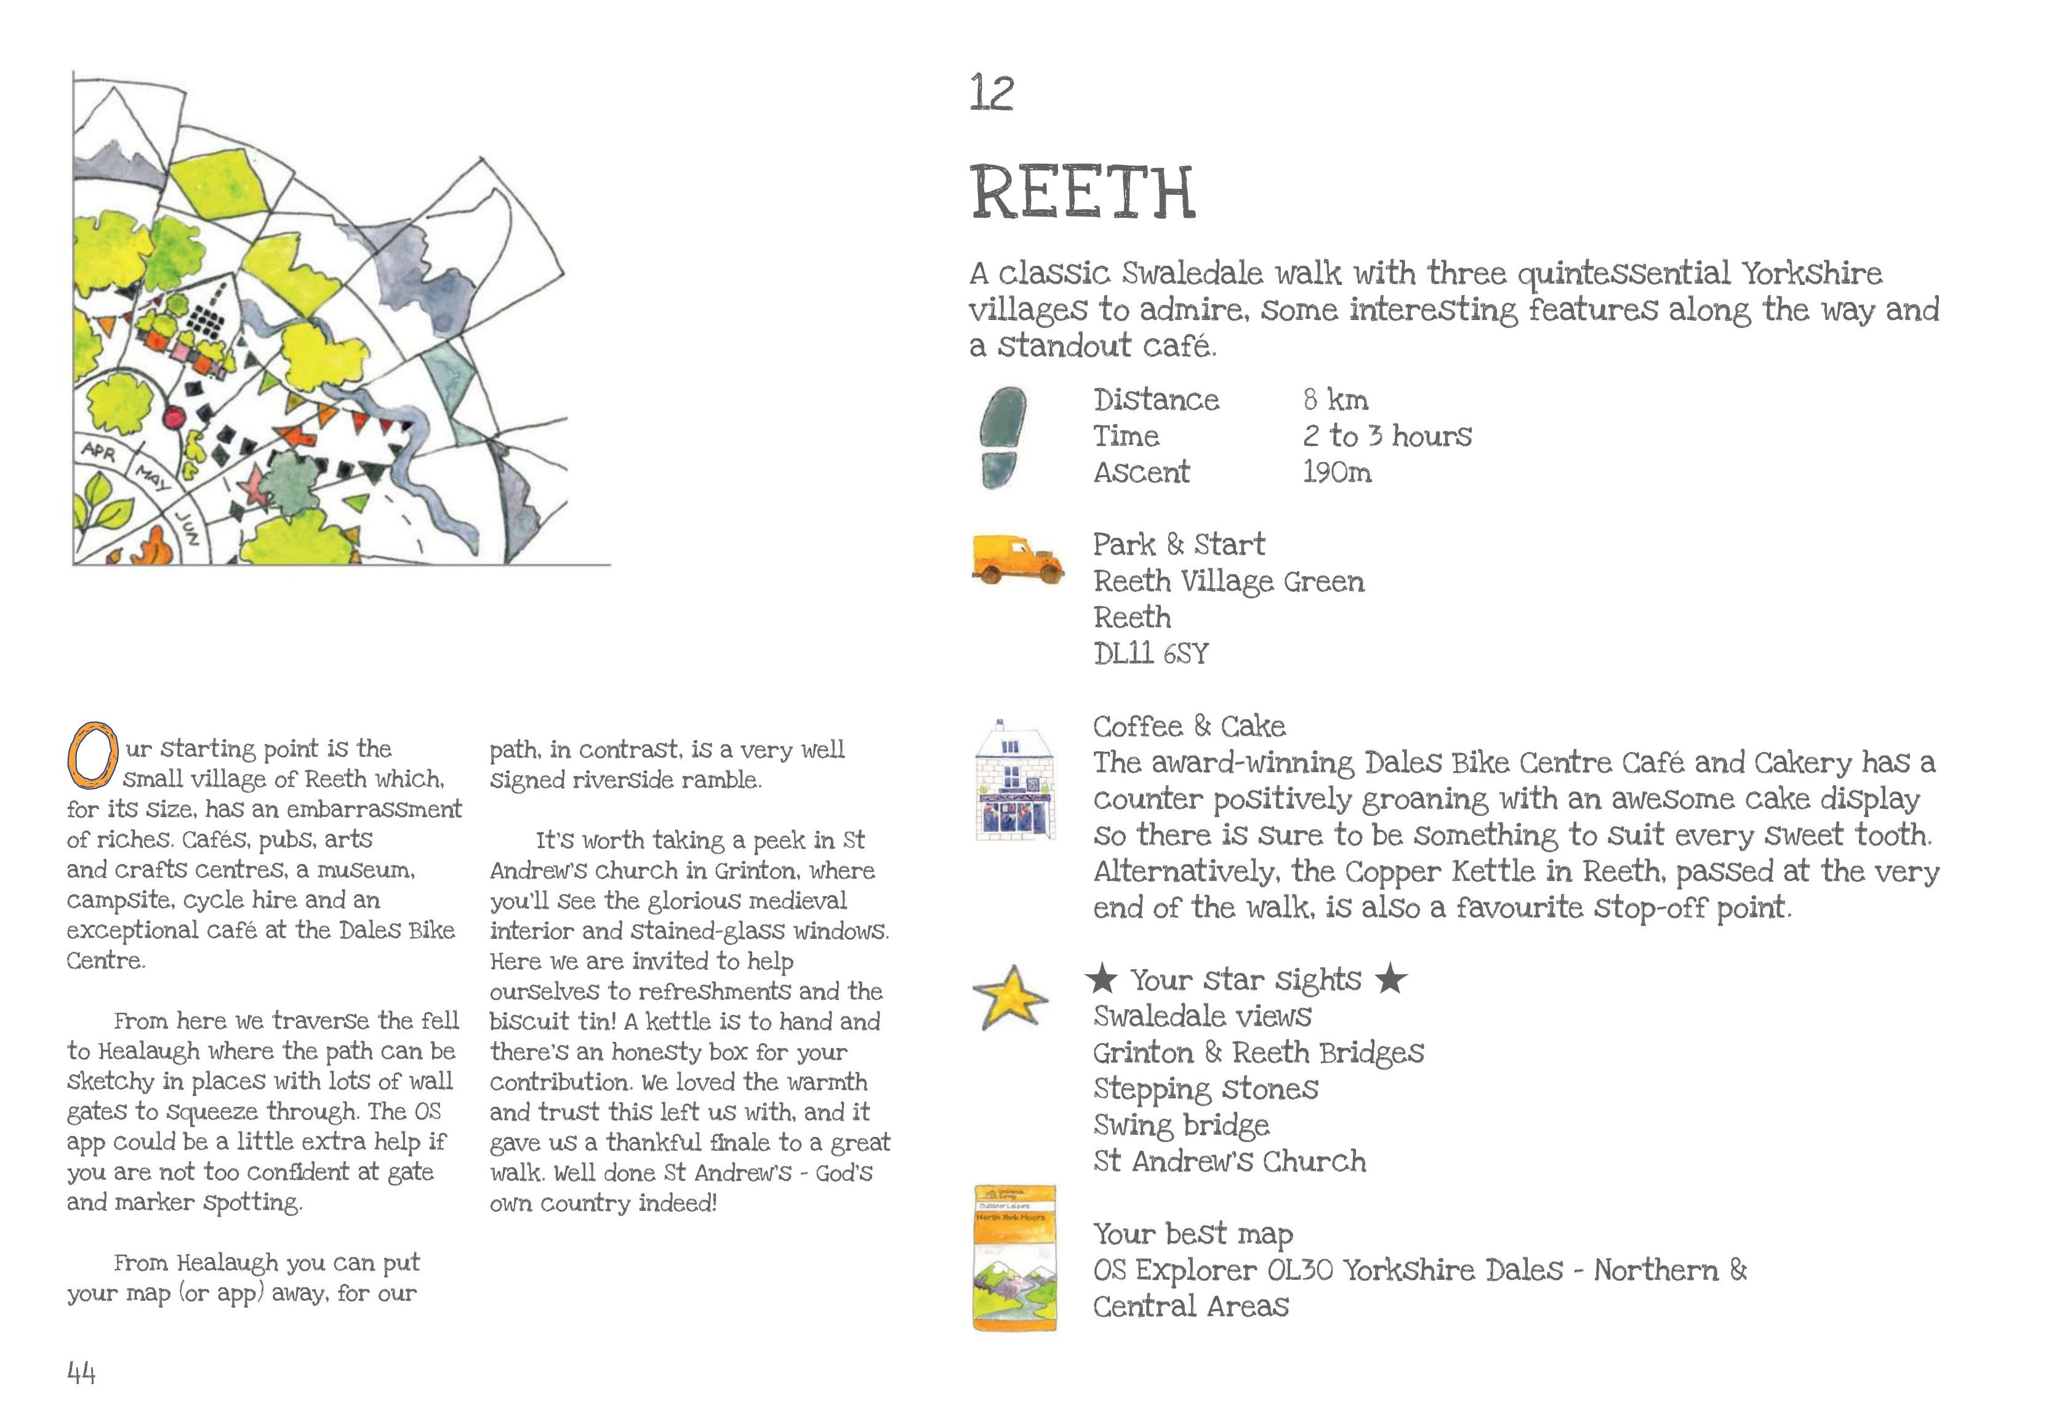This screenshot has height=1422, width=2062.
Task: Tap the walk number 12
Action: click(x=992, y=94)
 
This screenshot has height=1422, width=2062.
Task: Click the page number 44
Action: click(x=81, y=1373)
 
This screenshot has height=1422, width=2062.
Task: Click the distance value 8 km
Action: click(x=1335, y=400)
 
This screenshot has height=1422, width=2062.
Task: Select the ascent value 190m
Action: click(x=1337, y=472)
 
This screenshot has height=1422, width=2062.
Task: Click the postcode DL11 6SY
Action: click(x=1150, y=654)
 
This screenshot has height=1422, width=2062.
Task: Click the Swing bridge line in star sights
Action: click(x=1181, y=1125)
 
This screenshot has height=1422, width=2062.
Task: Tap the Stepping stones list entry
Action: click(x=1205, y=1088)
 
